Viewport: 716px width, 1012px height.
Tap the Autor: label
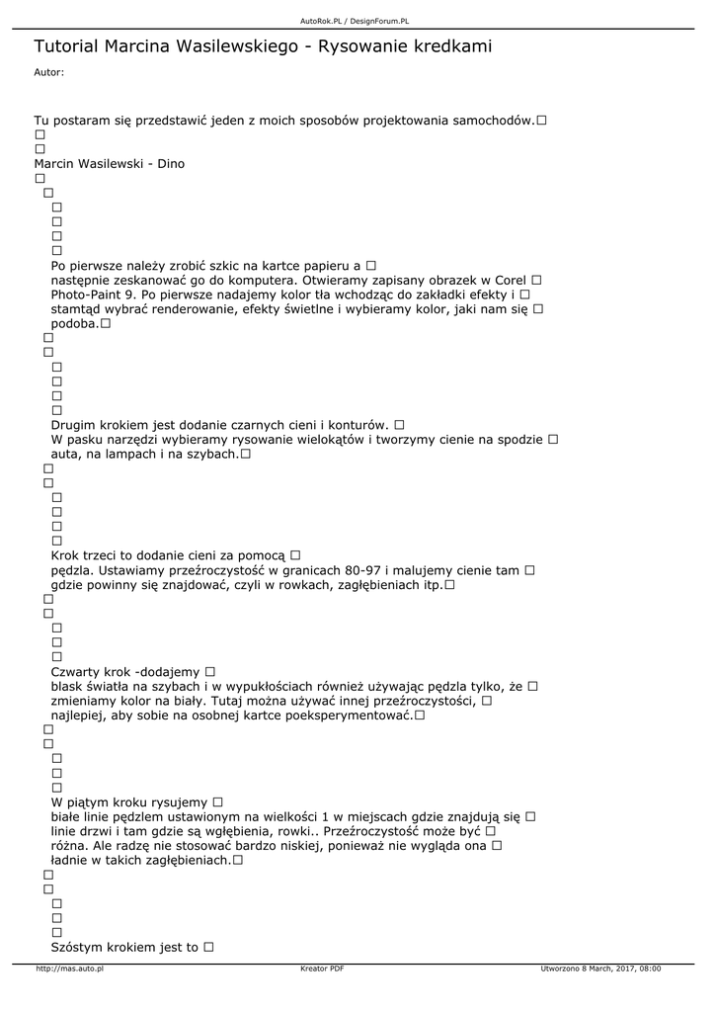pyautogui.click(x=48, y=72)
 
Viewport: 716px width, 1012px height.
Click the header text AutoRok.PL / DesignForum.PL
pyautogui.click(x=355, y=21)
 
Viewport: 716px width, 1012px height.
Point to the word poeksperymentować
pyautogui.click(x=349, y=716)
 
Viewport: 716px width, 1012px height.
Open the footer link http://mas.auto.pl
pyautogui.click(x=70, y=969)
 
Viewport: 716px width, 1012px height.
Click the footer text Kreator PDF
pyautogui.click(x=322, y=969)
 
